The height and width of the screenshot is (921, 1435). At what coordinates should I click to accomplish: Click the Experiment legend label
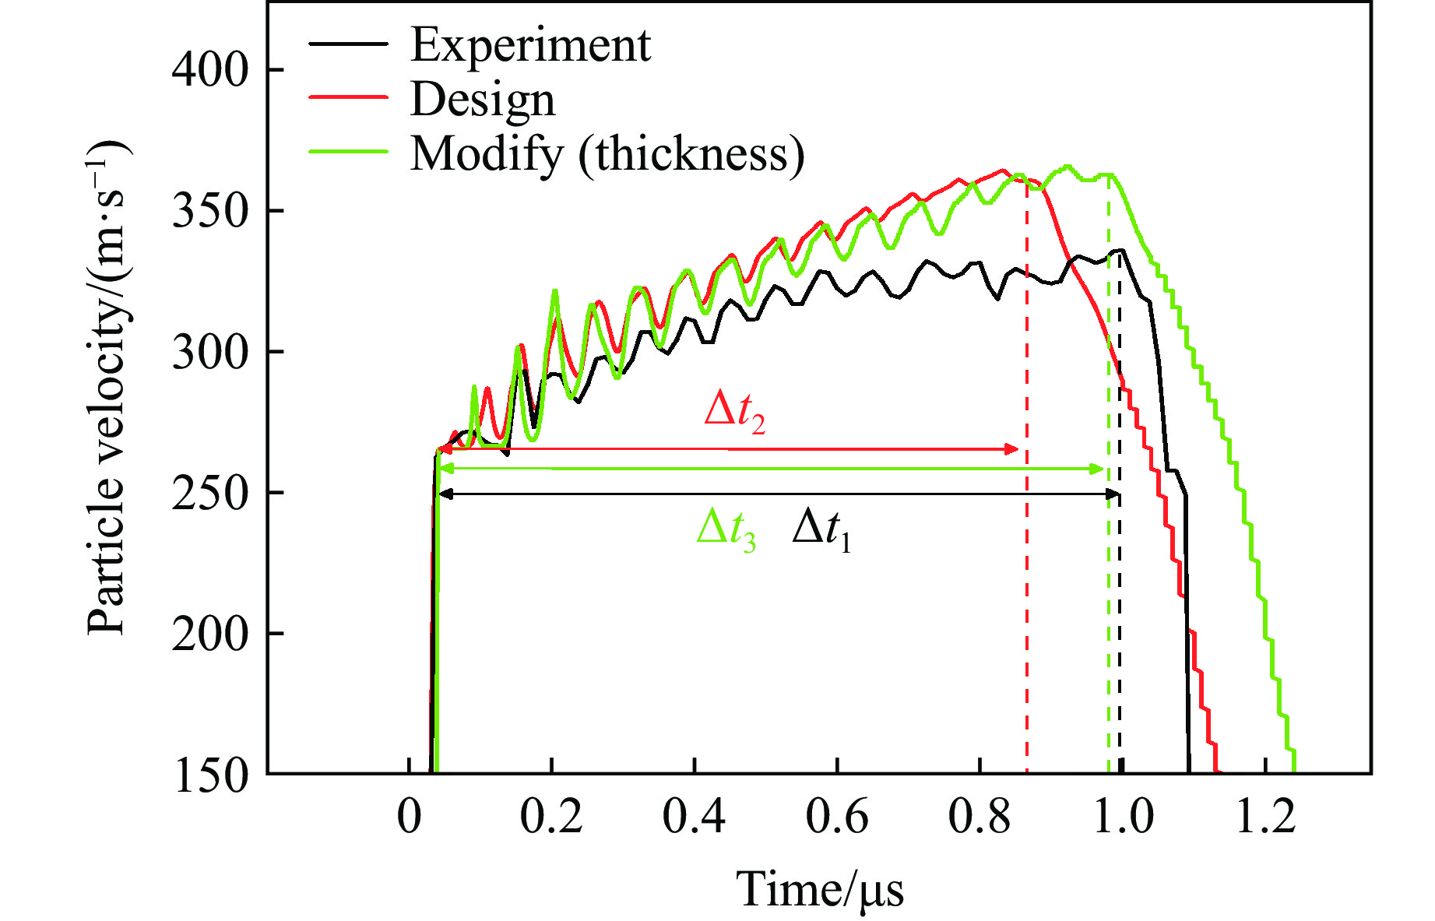point(530,45)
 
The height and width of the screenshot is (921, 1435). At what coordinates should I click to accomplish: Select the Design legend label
point(483,100)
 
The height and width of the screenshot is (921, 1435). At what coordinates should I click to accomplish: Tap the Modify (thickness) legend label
point(607,153)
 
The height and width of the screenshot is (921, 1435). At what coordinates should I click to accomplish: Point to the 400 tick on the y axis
point(209,70)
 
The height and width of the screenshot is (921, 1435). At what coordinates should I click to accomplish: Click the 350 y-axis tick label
point(209,211)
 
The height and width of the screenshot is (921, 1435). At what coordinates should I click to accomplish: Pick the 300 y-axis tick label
point(209,352)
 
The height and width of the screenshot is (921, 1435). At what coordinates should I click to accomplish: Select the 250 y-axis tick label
point(209,493)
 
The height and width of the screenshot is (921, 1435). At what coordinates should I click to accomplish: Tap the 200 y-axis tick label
point(209,634)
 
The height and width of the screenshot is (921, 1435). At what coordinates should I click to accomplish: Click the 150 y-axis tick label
point(209,775)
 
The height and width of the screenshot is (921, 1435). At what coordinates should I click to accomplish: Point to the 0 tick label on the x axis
point(410,817)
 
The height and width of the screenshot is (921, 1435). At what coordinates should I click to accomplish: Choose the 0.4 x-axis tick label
point(694,817)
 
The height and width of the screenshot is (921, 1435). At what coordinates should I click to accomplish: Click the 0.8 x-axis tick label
point(980,817)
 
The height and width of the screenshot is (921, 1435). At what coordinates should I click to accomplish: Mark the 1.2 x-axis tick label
point(1265,817)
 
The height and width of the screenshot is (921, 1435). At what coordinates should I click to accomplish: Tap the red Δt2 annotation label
point(734,410)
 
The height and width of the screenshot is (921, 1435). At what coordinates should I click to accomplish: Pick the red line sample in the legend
point(348,97)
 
